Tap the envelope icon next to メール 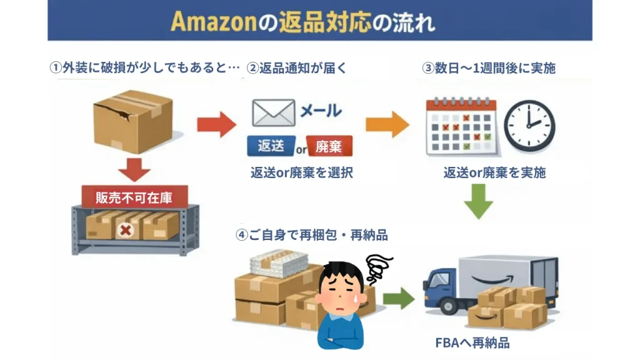(x=272, y=112)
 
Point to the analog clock (x=529, y=125)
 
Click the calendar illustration (x=461, y=126)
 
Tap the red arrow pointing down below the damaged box (x=134, y=169)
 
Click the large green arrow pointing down (x=479, y=201)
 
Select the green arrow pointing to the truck (x=398, y=298)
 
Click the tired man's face (x=340, y=291)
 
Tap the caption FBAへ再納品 (x=472, y=343)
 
